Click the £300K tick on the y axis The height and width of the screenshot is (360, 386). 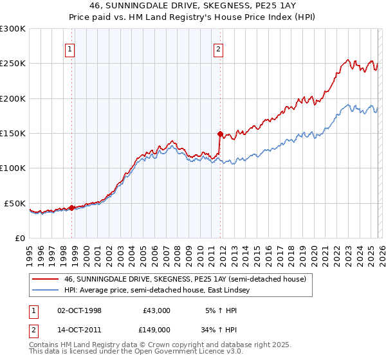pyautogui.click(x=13, y=29)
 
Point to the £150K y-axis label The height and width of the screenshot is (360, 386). pyautogui.click(x=13, y=134)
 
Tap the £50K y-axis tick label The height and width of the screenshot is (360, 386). pyautogui.click(x=15, y=203)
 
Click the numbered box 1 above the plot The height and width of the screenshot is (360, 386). pyautogui.click(x=69, y=49)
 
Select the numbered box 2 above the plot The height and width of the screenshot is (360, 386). pyautogui.click(x=218, y=49)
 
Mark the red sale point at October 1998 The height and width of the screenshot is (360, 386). pyautogui.click(x=71, y=208)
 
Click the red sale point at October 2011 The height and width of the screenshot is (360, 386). pyautogui.click(x=219, y=134)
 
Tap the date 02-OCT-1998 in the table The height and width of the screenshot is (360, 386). pyautogui.click(x=80, y=310)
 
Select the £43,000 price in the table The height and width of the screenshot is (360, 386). pyautogui.click(x=156, y=310)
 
